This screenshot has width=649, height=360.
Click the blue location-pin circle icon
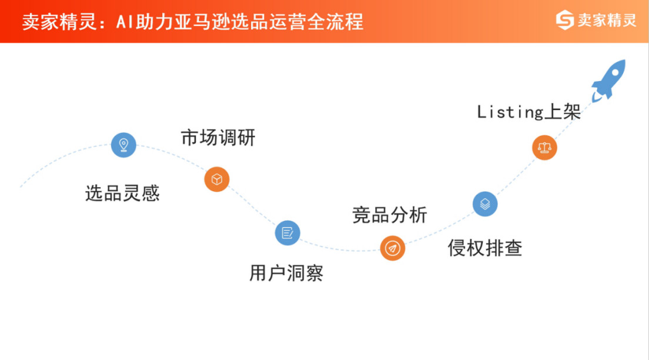click(123, 145)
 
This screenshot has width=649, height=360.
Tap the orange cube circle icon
click(217, 179)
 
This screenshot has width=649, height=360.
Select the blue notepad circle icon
click(287, 232)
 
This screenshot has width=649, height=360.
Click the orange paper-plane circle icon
click(392, 248)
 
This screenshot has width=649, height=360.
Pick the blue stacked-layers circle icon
click(485, 204)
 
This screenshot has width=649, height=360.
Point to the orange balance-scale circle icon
click(544, 148)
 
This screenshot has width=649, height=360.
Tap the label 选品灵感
click(122, 193)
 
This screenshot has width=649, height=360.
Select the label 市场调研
click(218, 138)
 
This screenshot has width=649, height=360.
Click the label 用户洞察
click(286, 273)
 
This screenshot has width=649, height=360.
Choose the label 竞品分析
click(390, 215)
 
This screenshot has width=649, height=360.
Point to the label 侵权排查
click(485, 248)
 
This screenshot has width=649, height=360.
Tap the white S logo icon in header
click(565, 20)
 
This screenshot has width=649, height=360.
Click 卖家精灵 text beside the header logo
click(607, 20)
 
